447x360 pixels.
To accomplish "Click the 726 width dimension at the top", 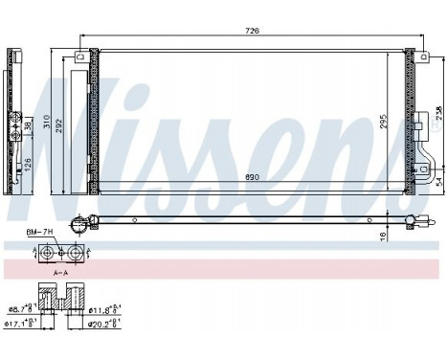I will click(x=252, y=33).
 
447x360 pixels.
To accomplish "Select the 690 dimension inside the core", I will click(x=252, y=179).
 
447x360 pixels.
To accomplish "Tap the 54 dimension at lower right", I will click(x=438, y=182).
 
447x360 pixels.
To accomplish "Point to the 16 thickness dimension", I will click(x=383, y=236).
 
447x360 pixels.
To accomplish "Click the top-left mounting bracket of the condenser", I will click(x=81, y=57).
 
